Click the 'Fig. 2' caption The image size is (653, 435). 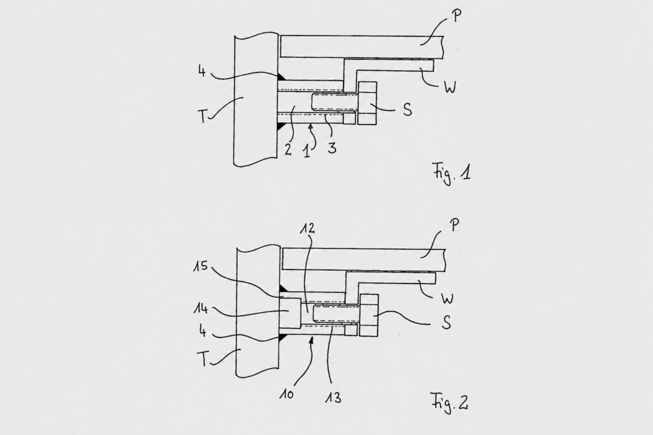pyautogui.click(x=449, y=403)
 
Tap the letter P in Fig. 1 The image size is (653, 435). pyautogui.click(x=457, y=16)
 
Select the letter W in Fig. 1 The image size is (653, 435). pyautogui.click(x=450, y=88)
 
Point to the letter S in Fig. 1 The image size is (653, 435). pyautogui.click(x=407, y=110)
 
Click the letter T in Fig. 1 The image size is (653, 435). pyautogui.click(x=202, y=117)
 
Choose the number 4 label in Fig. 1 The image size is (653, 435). pyautogui.click(x=202, y=71)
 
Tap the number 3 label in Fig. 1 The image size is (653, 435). pyautogui.click(x=332, y=148)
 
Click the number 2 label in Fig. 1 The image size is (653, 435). pyautogui.click(x=288, y=149)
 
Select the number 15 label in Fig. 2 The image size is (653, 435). pyautogui.click(x=200, y=266)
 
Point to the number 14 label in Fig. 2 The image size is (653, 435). pyautogui.click(x=200, y=308)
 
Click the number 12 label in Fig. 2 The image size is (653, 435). pyautogui.click(x=307, y=228)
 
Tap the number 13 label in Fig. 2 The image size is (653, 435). pyautogui.click(x=333, y=397)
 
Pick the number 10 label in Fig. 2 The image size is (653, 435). pyautogui.click(x=286, y=393)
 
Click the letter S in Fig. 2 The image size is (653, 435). pyautogui.click(x=446, y=322)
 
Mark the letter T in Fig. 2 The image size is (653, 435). pyautogui.click(x=203, y=359)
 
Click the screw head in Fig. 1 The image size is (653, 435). pyautogui.click(x=367, y=103)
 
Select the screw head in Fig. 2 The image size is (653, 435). pyautogui.click(x=369, y=315)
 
